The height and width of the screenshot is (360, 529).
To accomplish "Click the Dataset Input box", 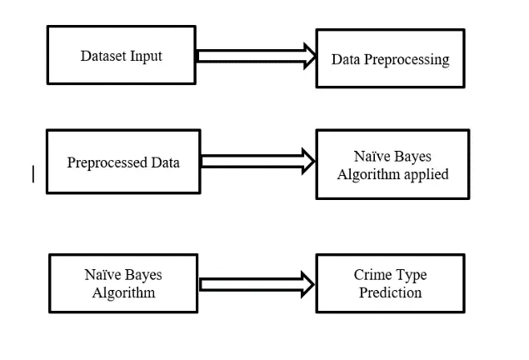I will point(121,55).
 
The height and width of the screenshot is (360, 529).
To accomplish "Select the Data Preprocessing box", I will point(390,58).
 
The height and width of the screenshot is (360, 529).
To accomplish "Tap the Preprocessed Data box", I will point(122,161).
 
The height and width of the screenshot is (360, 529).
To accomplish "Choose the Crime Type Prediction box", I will point(390,284).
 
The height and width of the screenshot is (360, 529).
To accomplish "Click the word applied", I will point(427,174).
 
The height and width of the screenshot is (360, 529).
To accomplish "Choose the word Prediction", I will point(390,292).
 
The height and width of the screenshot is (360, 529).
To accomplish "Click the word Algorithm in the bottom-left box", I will point(124,292).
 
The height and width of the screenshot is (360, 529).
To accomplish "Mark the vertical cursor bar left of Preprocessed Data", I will point(33,173).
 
